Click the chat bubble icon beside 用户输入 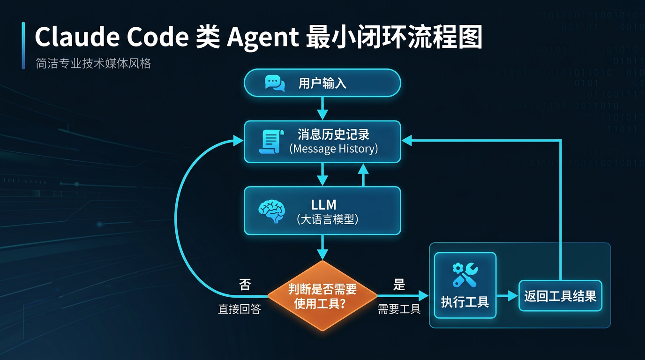tap(275, 83)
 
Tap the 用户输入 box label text tap(322, 83)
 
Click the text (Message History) tap(334, 149)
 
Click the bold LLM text tap(324, 204)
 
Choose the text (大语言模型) tap(328, 219)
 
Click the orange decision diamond tap(322, 296)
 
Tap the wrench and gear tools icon tap(465, 275)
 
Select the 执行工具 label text tap(465, 302)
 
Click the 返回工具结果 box tap(560, 296)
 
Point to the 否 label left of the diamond tap(245, 285)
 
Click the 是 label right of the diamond tap(399, 284)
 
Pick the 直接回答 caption tap(240, 309)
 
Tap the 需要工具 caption tap(399, 309)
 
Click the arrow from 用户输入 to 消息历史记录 tap(322, 108)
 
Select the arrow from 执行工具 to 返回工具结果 tap(507, 296)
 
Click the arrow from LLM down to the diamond tap(322, 247)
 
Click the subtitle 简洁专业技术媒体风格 tap(93, 64)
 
